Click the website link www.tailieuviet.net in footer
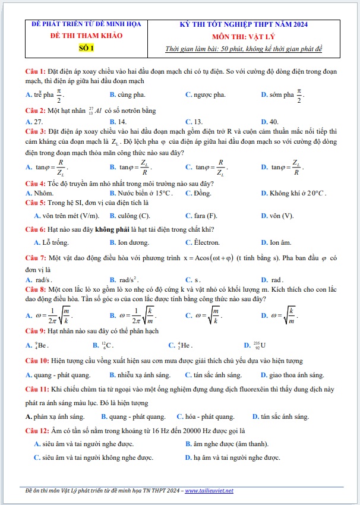[209, 491]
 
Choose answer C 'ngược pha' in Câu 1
[206, 94]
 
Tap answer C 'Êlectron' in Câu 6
[207, 242]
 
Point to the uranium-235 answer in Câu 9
[260, 345]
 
